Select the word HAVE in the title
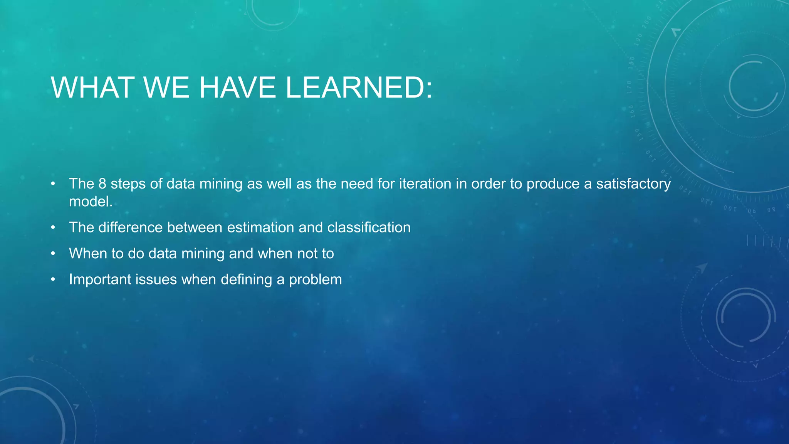pyautogui.click(x=237, y=87)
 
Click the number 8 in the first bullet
pyautogui.click(x=102, y=184)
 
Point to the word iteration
pyautogui.click(x=425, y=184)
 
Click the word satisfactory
pyautogui.click(x=633, y=184)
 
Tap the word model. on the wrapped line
pyautogui.click(x=91, y=202)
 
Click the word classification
pyautogui.click(x=369, y=227)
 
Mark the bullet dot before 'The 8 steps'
pyautogui.click(x=53, y=184)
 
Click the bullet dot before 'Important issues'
pyautogui.click(x=53, y=279)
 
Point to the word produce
pyautogui.click(x=553, y=184)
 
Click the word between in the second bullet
pyautogui.click(x=195, y=227)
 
